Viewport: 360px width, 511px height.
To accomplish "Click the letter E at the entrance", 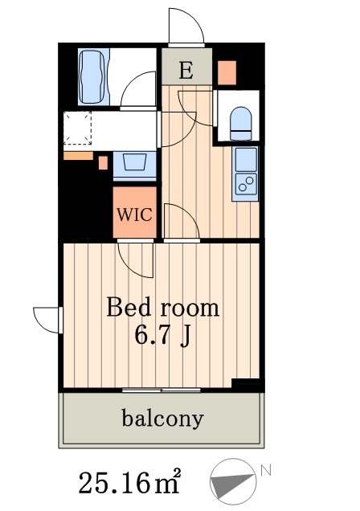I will click(x=186, y=70).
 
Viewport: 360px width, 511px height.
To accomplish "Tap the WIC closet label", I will click(x=134, y=215).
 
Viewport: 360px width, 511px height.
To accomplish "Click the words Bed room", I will click(x=163, y=308).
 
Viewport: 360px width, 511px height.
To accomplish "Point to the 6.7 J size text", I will click(x=163, y=335).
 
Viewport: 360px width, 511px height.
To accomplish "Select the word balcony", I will click(x=163, y=419).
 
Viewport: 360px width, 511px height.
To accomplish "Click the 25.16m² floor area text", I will click(x=129, y=482).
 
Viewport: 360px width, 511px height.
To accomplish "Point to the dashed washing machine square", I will click(x=77, y=129).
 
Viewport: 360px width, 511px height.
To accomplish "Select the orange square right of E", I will click(x=227, y=72).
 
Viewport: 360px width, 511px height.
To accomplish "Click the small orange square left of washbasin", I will click(x=103, y=162).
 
